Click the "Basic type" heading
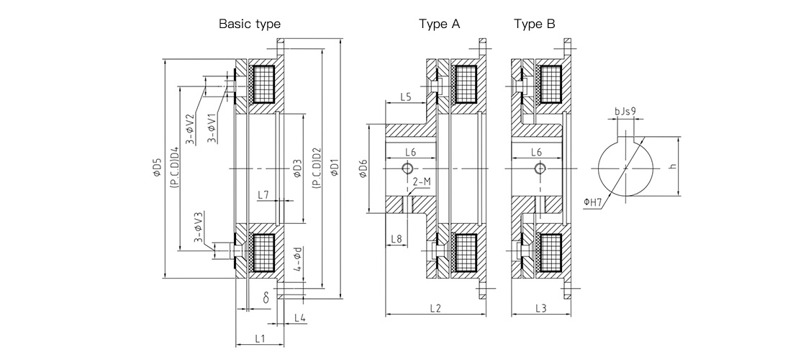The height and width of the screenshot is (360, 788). [x=249, y=24]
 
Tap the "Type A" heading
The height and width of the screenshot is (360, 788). [x=439, y=24]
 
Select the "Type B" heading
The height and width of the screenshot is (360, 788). [x=534, y=24]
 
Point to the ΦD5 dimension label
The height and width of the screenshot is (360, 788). [x=158, y=168]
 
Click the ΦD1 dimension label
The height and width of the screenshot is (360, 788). [x=335, y=168]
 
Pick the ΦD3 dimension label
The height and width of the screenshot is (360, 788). [x=297, y=168]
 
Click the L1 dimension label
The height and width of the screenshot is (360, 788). [x=260, y=338]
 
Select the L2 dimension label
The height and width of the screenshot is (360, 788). [x=435, y=308]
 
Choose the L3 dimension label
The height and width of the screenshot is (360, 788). [x=540, y=308]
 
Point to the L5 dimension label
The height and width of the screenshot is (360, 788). [x=406, y=97]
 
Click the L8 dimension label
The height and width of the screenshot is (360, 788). [x=396, y=239]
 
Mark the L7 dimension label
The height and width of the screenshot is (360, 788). [x=263, y=194]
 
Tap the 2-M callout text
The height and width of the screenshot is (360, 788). [x=421, y=181]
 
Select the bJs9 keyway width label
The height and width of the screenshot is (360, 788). [x=625, y=111]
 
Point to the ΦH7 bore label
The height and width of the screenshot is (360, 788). [x=592, y=202]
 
